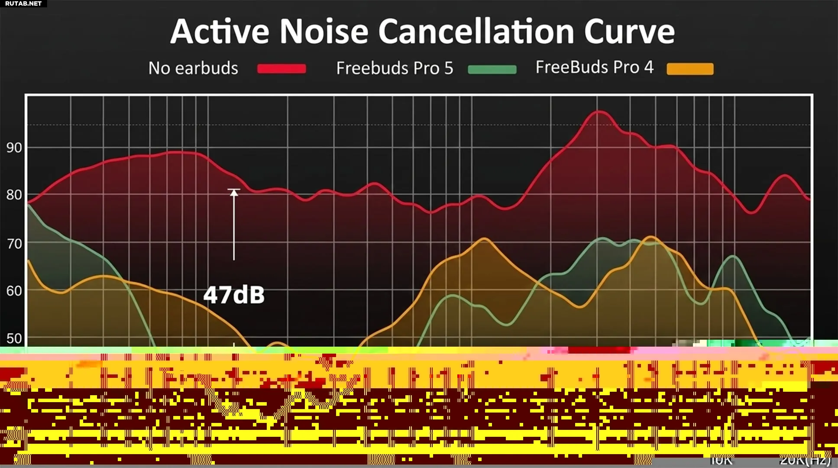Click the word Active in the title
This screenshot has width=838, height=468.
click(x=220, y=31)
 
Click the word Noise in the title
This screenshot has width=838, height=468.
click(x=324, y=31)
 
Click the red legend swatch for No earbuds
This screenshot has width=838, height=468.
click(x=281, y=68)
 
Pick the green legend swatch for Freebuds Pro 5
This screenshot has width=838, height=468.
click(x=492, y=69)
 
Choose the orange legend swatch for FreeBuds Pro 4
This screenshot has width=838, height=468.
click(x=690, y=69)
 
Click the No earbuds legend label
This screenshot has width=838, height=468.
click(x=193, y=68)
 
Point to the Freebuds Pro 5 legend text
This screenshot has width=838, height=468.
click(x=395, y=68)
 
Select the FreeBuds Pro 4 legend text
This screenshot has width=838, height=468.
click(x=594, y=67)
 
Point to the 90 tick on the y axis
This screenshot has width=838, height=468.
click(x=14, y=148)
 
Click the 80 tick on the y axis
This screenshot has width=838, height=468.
click(x=14, y=195)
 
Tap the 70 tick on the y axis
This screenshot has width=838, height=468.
click(x=14, y=244)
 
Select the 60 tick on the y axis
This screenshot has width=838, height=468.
click(x=14, y=291)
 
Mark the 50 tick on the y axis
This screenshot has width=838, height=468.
click(x=14, y=338)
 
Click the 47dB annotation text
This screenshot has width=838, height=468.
click(x=234, y=295)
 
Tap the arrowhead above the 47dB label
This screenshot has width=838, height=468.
click(x=234, y=192)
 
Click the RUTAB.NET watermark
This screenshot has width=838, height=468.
click(x=23, y=3)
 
